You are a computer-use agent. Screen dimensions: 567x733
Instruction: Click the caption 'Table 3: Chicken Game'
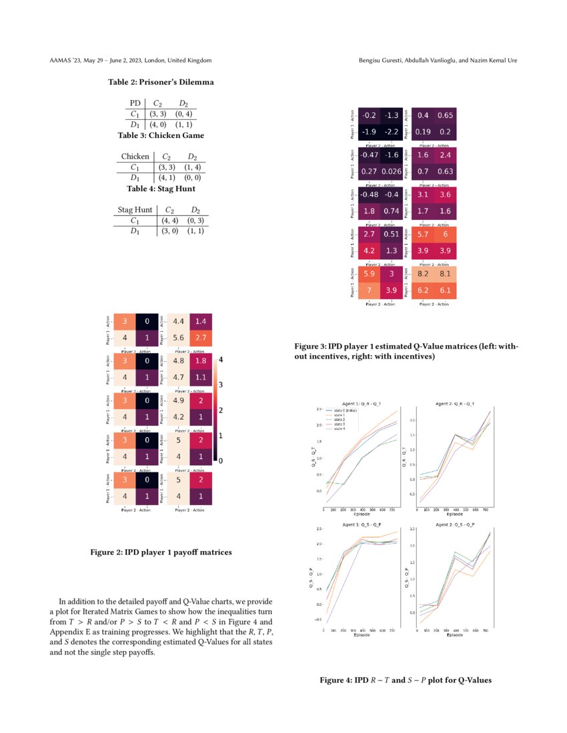[x=161, y=135]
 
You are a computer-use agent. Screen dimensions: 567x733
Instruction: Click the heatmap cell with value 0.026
[x=392, y=173]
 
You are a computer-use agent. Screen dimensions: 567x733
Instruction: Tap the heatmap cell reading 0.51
[x=392, y=235]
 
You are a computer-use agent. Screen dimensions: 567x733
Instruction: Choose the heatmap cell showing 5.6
[x=178, y=338]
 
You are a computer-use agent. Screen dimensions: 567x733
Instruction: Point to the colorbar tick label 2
[x=221, y=410]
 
